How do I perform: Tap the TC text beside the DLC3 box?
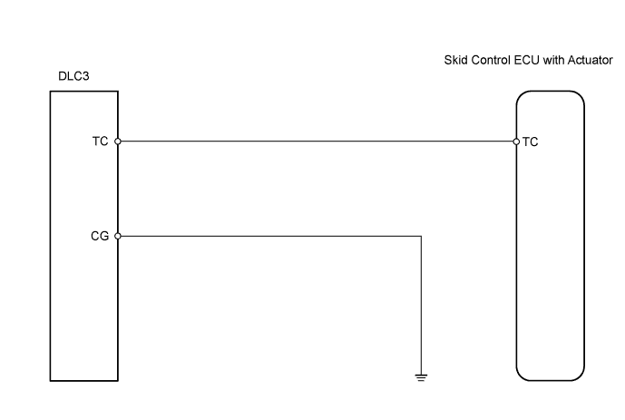pos(100,142)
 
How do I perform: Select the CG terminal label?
pos(100,236)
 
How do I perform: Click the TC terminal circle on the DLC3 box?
pos(118,142)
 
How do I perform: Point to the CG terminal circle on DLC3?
pos(118,236)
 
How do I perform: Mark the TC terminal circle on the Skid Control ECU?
pos(516,142)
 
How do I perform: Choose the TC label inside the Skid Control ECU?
pos(531,142)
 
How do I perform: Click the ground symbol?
pos(421,375)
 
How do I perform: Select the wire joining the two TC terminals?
pos(317,142)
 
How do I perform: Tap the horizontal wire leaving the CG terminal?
pos(272,236)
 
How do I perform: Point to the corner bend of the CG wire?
pos(421,236)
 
